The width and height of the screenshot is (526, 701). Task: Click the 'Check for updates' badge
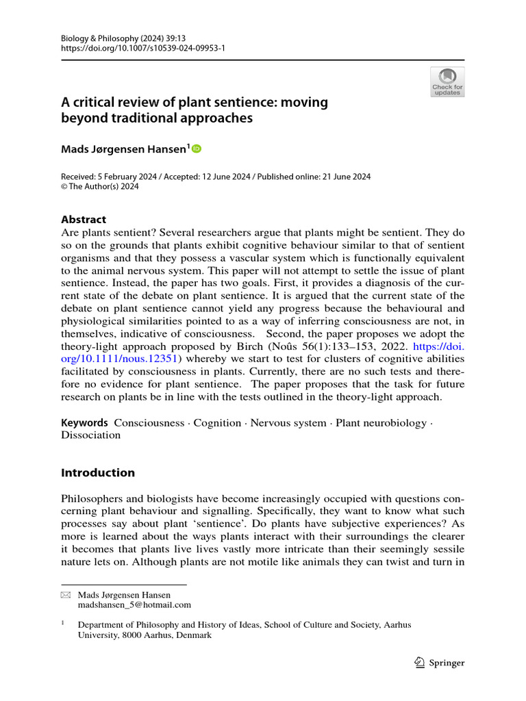tap(447, 81)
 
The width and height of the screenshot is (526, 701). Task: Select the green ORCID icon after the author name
tap(197, 149)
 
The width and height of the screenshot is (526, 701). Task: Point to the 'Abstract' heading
tap(84, 220)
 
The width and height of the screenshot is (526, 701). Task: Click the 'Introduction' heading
tap(98, 472)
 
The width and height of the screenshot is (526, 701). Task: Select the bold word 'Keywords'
tap(84, 422)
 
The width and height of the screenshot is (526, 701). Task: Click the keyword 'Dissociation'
tap(90, 435)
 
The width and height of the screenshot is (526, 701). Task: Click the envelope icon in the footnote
tap(66, 595)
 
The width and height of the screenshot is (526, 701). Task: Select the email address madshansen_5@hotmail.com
tap(134, 604)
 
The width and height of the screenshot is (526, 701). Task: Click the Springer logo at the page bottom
tap(440, 662)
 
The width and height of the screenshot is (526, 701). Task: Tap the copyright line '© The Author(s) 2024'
tap(100, 187)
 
